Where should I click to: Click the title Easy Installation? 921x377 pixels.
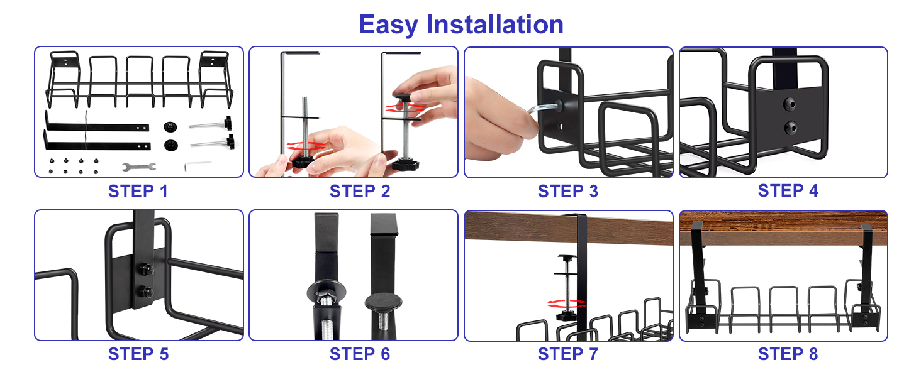click(460, 25)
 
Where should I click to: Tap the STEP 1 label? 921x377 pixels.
click(138, 191)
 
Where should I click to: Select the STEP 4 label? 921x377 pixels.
click(788, 190)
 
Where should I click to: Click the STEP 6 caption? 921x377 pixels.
click(359, 354)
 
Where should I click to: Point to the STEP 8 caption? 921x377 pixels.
click(788, 354)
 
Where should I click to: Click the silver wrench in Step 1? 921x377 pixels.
click(138, 167)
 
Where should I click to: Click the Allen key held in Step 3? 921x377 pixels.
click(542, 111)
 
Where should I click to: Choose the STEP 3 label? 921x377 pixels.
click(567, 191)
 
